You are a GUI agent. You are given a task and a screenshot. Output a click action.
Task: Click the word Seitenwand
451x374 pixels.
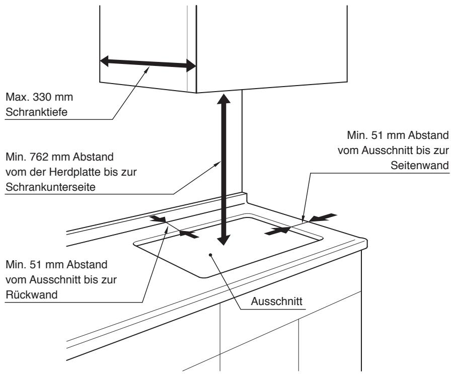[426, 167]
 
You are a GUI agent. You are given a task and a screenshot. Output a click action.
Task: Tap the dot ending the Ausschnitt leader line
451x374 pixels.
[211, 254]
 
